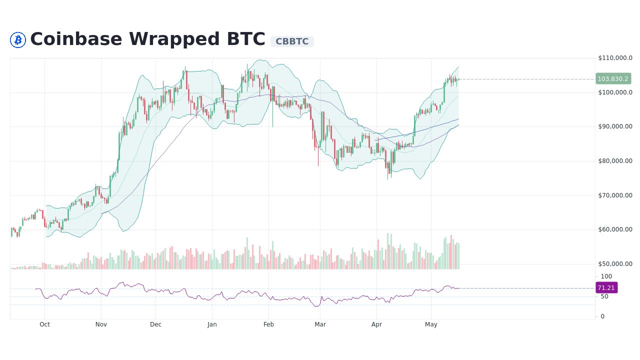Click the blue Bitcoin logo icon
18,40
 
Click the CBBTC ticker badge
292,41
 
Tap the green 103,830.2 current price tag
613,79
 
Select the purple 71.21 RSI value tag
606,288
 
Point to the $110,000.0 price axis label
615,58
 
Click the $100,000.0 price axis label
615,92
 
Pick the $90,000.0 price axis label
615,126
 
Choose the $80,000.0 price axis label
615,161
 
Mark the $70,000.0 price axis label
615,195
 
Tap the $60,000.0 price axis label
615,229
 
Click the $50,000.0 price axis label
615,264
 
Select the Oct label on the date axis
45,324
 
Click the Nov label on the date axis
101,324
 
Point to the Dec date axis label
155,324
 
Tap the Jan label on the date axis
212,324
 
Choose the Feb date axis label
269,324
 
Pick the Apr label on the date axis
376,324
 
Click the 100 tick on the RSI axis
606,276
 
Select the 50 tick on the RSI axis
604,296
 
